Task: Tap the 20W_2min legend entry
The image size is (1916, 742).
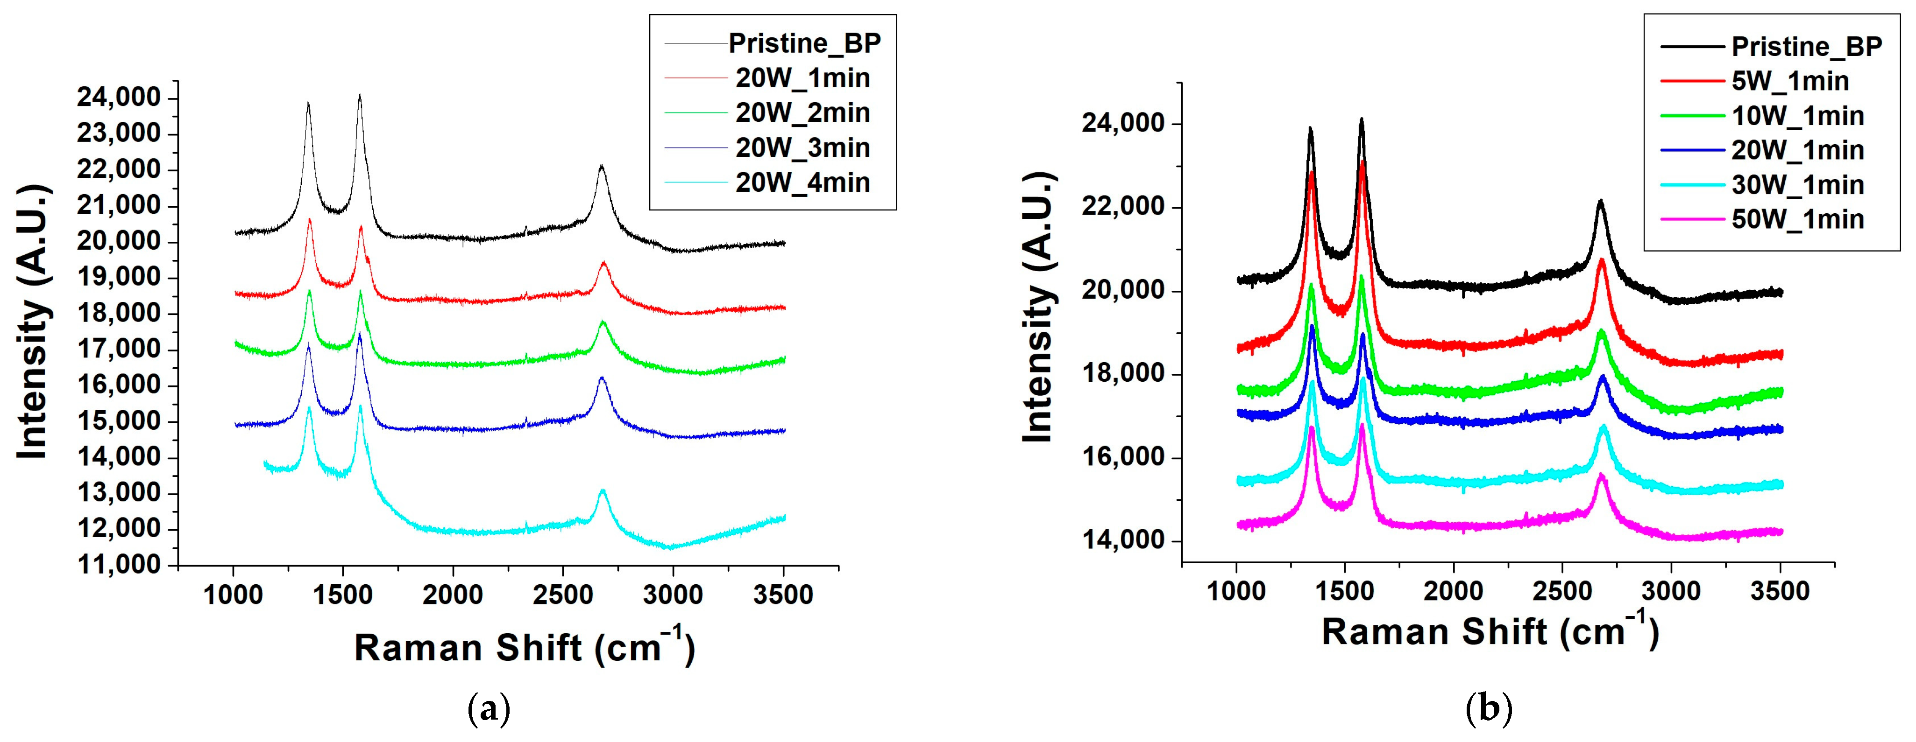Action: pos(802,113)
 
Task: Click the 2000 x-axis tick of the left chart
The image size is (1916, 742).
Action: pos(452,595)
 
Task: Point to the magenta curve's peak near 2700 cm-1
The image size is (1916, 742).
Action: pos(1601,474)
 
